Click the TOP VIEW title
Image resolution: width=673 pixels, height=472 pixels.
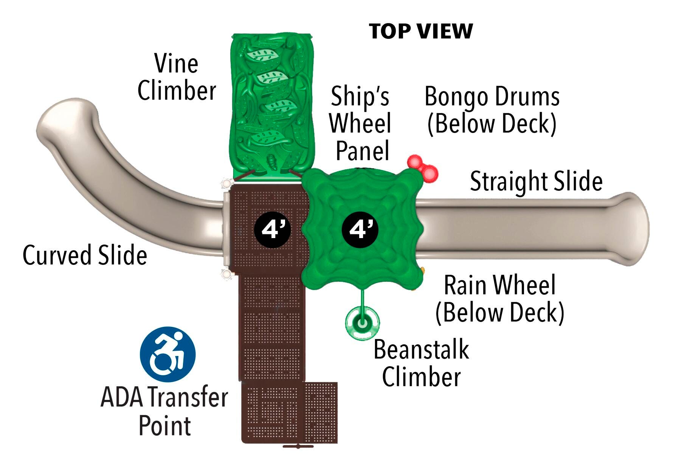(x=420, y=31)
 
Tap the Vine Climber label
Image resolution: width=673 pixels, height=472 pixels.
(x=177, y=77)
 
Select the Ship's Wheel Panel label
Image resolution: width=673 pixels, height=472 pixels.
(x=360, y=124)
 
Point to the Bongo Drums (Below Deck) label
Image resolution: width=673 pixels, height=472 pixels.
(x=492, y=110)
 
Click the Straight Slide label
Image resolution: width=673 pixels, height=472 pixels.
(x=536, y=181)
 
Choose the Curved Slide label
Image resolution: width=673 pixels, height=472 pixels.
(x=85, y=255)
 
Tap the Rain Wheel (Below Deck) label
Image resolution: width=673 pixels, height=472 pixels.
(x=500, y=299)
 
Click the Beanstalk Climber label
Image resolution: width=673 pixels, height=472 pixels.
(x=421, y=363)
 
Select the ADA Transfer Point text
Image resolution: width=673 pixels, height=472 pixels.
(x=164, y=411)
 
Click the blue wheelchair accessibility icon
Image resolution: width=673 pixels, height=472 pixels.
(x=167, y=354)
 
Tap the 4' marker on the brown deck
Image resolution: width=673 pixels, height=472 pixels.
(x=272, y=229)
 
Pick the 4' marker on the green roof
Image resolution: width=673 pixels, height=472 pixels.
(x=360, y=229)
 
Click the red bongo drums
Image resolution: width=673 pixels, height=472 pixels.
(x=423, y=167)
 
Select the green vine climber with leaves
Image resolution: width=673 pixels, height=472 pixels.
(x=271, y=106)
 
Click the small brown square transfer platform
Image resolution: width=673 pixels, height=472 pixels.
(x=321, y=412)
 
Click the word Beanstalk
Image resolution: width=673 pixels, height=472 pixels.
(x=421, y=350)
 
